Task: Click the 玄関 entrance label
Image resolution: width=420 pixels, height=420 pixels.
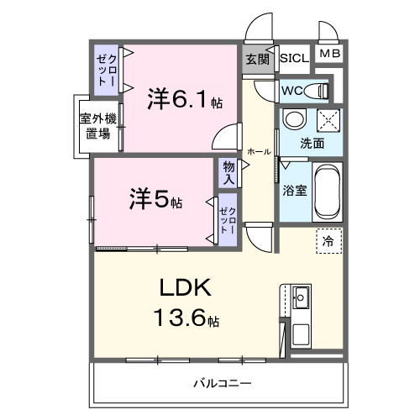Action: tap(257, 59)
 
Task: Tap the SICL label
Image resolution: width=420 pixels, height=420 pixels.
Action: tap(294, 59)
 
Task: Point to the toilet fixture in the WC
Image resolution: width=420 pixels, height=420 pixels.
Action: tap(317, 90)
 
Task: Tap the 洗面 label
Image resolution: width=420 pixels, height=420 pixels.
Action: tap(312, 143)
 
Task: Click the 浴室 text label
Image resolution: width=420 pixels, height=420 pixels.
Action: tap(296, 190)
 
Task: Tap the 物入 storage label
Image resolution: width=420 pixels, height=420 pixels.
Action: tap(229, 172)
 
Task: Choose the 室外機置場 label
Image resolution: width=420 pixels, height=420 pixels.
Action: tap(99, 126)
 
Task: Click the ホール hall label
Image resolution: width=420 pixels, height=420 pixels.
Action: tap(259, 152)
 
